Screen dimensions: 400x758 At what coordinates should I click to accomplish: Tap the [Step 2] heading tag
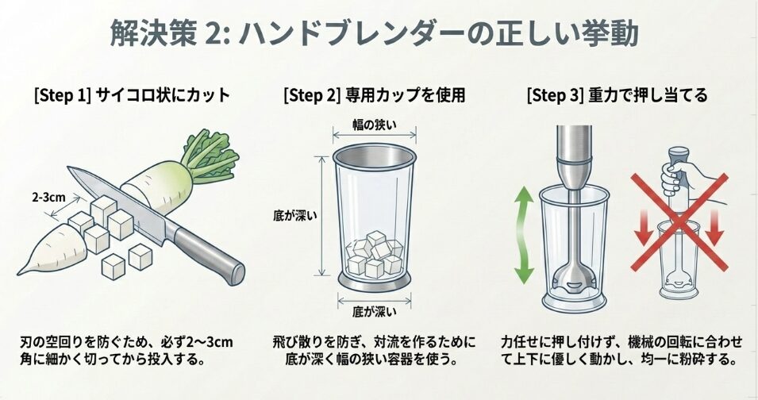311,96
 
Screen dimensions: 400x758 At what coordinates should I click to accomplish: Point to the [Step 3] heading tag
555,96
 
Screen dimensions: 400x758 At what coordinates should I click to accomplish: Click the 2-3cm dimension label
48,197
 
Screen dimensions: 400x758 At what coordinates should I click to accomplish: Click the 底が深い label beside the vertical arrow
291,215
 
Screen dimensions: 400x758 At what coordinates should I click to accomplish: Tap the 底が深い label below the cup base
374,308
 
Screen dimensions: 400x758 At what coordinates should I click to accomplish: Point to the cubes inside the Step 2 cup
375,253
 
